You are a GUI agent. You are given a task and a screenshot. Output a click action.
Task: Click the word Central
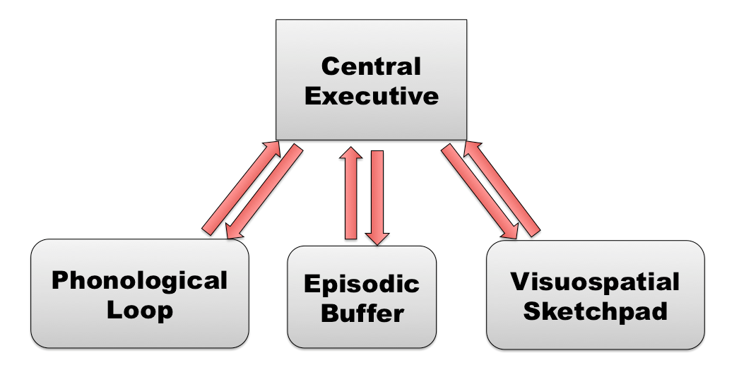371,67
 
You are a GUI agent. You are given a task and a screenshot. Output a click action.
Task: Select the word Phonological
140,281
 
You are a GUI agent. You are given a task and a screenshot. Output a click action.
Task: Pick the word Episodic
361,285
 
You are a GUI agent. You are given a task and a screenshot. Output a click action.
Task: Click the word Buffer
361,313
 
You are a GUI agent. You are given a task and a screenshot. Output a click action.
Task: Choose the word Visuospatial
594,282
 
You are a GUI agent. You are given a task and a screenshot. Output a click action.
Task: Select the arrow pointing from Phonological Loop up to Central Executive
240,187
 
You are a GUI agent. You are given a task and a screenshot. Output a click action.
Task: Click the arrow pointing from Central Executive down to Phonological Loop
263,192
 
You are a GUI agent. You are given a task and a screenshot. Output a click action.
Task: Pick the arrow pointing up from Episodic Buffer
351,194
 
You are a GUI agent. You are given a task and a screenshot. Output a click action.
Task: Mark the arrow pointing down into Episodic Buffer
377,196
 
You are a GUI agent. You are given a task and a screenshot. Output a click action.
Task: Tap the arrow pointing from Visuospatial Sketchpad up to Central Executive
503,187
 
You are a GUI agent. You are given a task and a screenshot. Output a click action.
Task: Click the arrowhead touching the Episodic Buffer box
377,237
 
